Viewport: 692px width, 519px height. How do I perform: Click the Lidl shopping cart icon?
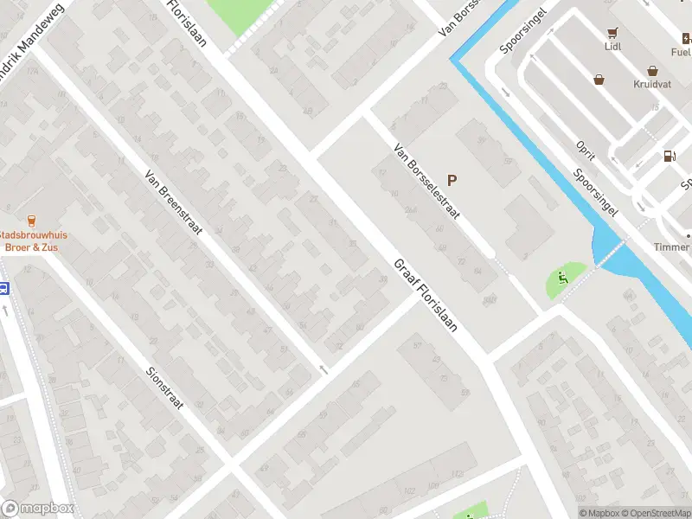(613, 34)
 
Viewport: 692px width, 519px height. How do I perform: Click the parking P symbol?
(452, 181)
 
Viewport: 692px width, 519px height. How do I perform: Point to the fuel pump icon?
(669, 157)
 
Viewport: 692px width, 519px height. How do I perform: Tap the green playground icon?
(563, 278)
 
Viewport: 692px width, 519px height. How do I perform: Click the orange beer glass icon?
(32, 220)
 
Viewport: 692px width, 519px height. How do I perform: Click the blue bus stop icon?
(3, 289)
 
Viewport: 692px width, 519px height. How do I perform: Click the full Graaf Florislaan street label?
(425, 298)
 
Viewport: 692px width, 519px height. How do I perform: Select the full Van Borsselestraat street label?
(426, 181)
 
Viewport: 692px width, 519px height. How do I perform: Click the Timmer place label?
(672, 247)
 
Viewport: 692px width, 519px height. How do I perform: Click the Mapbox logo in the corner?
(38, 509)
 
